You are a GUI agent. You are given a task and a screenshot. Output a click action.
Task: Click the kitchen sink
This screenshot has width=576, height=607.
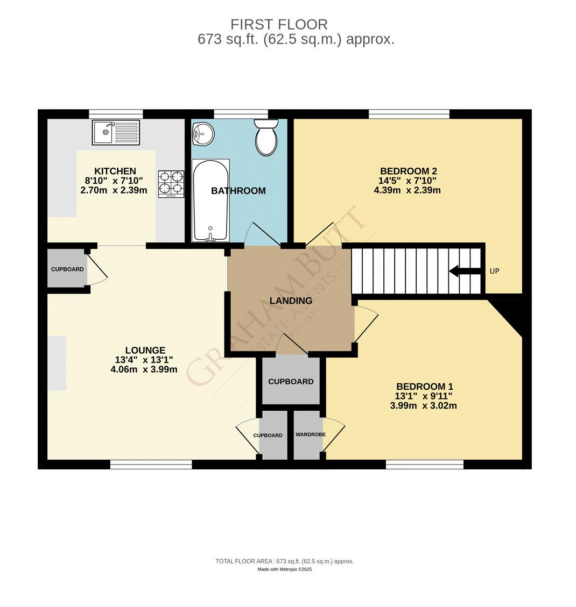tap(115, 132)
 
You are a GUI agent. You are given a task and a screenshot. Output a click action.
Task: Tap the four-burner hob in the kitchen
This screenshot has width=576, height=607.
tap(171, 183)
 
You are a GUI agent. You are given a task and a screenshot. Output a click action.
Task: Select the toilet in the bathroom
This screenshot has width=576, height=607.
tap(265, 137)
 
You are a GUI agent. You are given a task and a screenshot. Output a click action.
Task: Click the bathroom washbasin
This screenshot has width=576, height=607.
tap(203, 133)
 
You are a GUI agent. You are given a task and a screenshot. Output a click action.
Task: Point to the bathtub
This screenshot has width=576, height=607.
tap(210, 201)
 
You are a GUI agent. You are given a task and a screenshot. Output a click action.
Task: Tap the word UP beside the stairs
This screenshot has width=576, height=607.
tap(494, 271)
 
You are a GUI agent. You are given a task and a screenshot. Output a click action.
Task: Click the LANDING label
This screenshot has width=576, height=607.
tap(291, 301)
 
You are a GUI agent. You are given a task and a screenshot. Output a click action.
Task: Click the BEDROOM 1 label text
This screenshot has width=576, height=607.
tap(424, 387)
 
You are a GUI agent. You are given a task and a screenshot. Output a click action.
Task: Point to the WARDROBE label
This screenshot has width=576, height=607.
tap(311, 434)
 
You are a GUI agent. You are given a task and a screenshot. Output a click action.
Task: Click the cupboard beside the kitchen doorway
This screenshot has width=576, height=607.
tap(67, 269)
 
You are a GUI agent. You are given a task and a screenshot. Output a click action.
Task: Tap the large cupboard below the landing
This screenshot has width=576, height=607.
tap(291, 381)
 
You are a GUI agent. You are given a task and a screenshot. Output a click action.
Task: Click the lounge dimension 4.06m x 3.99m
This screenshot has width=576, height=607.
tap(144, 369)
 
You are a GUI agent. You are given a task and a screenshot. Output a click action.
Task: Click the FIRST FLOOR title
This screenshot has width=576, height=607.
tap(279, 24)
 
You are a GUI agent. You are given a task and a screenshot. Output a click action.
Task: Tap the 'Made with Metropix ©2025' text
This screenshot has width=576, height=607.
tap(284, 569)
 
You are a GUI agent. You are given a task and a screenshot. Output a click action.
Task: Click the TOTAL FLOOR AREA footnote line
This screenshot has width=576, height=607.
tap(284, 561)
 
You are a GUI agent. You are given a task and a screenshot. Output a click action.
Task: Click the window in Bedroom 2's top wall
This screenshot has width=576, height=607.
tap(409, 113)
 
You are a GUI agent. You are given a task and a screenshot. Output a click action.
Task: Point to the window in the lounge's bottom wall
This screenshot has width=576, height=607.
tap(151, 465)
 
